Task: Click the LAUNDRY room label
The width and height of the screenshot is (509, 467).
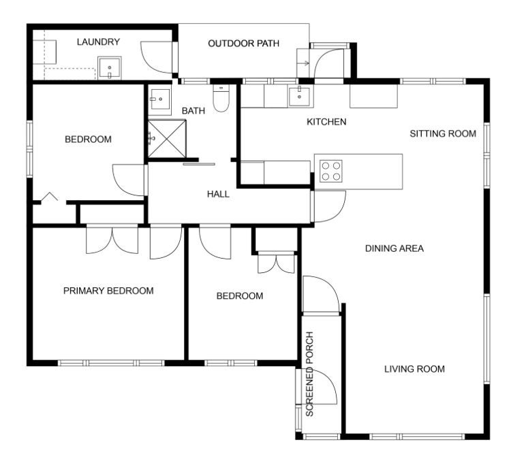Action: tap(98, 42)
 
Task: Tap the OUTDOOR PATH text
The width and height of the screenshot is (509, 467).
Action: tap(243, 44)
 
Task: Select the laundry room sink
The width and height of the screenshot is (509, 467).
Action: tap(110, 68)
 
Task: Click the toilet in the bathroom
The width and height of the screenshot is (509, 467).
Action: tap(221, 98)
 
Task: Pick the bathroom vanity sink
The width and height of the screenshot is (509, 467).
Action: tap(160, 99)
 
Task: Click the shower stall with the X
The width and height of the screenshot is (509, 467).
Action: tap(167, 139)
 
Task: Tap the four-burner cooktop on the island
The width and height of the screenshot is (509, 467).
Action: tap(330, 171)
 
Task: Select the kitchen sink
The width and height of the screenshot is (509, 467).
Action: tap(299, 96)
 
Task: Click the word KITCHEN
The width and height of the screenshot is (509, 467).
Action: tap(326, 122)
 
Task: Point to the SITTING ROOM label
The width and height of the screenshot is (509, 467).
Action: tap(443, 133)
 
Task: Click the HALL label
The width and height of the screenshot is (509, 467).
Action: tap(218, 194)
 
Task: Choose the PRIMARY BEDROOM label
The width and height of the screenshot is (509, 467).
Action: tap(108, 291)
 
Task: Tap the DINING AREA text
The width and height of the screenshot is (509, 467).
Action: tap(395, 248)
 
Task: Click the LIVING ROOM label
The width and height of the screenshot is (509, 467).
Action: tap(414, 369)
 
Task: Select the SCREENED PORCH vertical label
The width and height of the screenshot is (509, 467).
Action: tap(309, 374)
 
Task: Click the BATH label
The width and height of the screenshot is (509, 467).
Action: tap(194, 111)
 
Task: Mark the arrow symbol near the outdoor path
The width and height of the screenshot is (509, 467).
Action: tap(305, 63)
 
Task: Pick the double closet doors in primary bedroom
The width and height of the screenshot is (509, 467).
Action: tap(112, 240)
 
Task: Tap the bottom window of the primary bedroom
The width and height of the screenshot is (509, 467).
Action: tap(111, 363)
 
